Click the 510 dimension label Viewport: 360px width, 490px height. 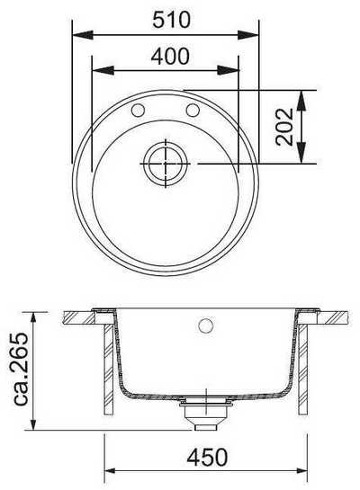click(x=171, y=20)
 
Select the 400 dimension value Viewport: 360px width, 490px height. click(x=170, y=57)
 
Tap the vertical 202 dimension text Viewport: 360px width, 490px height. click(x=284, y=127)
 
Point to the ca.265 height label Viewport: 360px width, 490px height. click(x=22, y=369)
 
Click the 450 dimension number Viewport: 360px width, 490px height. click(x=207, y=458)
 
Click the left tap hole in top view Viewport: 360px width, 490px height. click(x=138, y=110)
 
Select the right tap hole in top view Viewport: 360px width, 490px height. click(x=193, y=110)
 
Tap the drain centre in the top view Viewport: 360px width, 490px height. click(x=166, y=164)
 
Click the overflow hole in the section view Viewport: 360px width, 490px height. click(x=206, y=325)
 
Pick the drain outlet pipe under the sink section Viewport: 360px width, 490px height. click(x=205, y=417)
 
